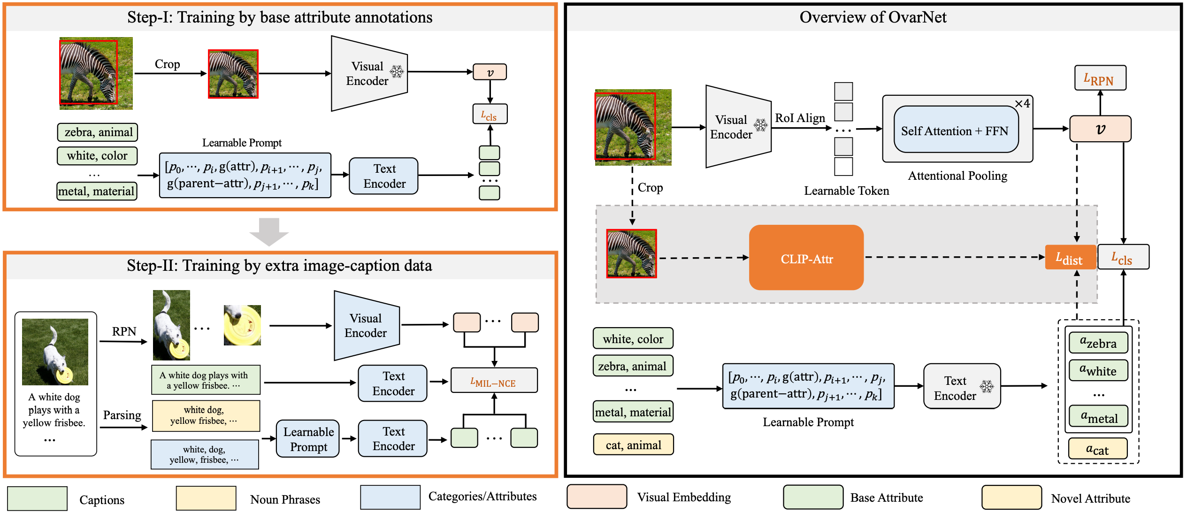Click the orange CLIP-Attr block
pos(806,258)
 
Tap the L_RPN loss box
pos(1100,78)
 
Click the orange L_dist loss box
pos(1070,257)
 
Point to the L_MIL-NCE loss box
pos(494,380)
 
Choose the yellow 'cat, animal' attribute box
pos(633,444)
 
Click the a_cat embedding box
pos(1098,449)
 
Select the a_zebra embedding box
pos(1098,343)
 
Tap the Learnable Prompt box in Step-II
pos(308,439)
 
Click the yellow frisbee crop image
pos(242,325)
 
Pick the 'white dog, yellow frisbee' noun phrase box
pos(206,416)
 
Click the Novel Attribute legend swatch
pos(1011,498)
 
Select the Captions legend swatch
pos(38,498)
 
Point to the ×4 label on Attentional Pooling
pos(1022,104)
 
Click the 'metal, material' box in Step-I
pos(97,191)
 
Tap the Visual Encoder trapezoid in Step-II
pos(367,325)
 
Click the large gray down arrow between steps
pos(269,231)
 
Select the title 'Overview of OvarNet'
pos(873,17)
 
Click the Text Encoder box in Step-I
pos(384,176)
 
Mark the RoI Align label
pos(800,118)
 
